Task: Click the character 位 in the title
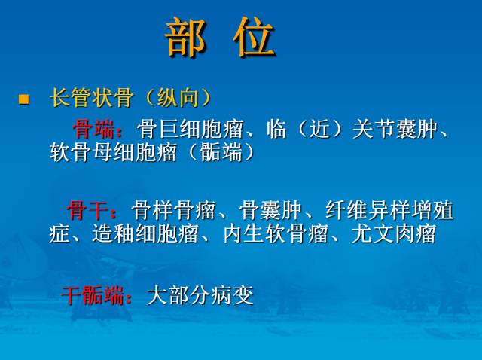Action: click(x=254, y=38)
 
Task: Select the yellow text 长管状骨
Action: click(x=92, y=99)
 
